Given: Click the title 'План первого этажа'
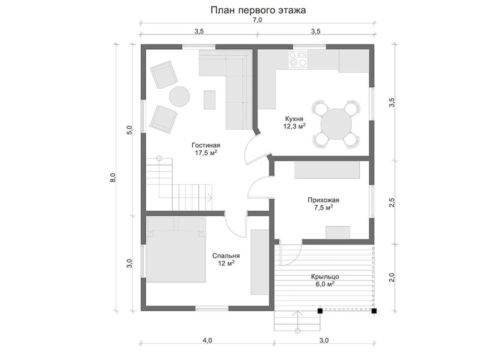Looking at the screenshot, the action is [258, 10].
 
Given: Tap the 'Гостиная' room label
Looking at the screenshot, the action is [205, 145].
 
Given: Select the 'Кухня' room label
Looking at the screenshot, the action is [294, 118].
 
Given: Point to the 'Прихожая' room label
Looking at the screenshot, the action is [323, 200].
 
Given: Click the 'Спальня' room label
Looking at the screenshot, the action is [226, 255].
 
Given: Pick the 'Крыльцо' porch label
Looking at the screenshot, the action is [325, 276].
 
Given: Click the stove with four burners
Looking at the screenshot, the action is [298, 59].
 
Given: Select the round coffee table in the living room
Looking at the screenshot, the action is [179, 96].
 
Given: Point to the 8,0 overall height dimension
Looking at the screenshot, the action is [112, 177].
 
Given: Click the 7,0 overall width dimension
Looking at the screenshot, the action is [257, 20].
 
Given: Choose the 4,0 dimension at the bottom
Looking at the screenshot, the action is [207, 340].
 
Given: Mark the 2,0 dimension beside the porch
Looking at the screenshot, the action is [392, 277].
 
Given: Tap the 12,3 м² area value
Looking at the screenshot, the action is [294, 126].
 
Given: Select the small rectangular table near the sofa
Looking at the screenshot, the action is [209, 100].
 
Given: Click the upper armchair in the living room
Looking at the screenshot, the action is [163, 74].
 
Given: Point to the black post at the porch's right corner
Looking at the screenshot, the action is [374, 310].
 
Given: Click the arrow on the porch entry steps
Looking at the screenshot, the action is [297, 321].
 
